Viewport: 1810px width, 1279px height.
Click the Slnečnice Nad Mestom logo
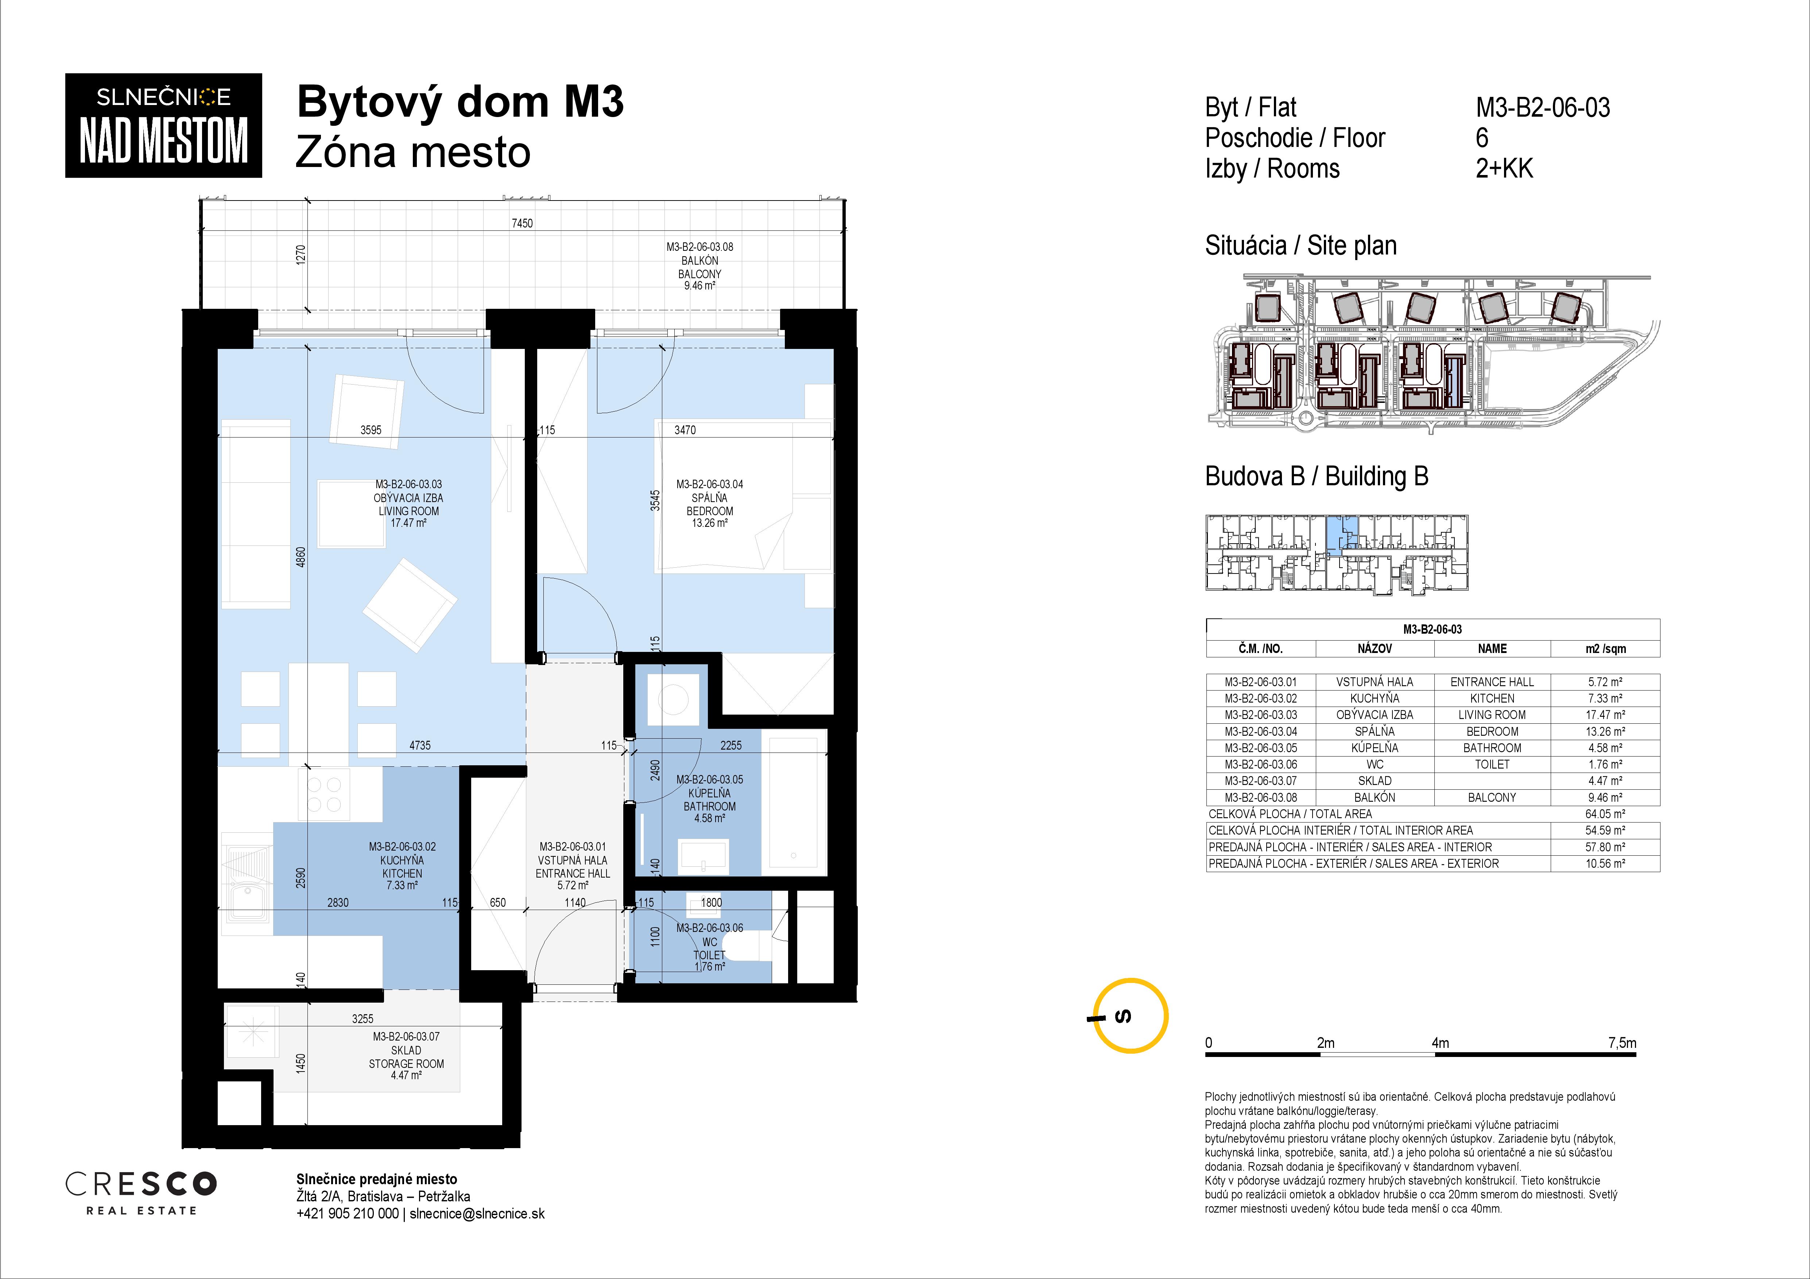[163, 125]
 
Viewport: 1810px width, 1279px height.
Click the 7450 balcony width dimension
[522, 223]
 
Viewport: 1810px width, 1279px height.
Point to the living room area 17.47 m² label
[408, 523]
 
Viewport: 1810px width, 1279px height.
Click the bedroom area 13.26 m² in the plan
[709, 523]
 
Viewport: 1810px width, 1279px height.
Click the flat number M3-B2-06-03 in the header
[1543, 107]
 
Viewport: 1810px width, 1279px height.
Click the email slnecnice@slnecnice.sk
[477, 1214]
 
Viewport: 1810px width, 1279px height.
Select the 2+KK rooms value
[1504, 169]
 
